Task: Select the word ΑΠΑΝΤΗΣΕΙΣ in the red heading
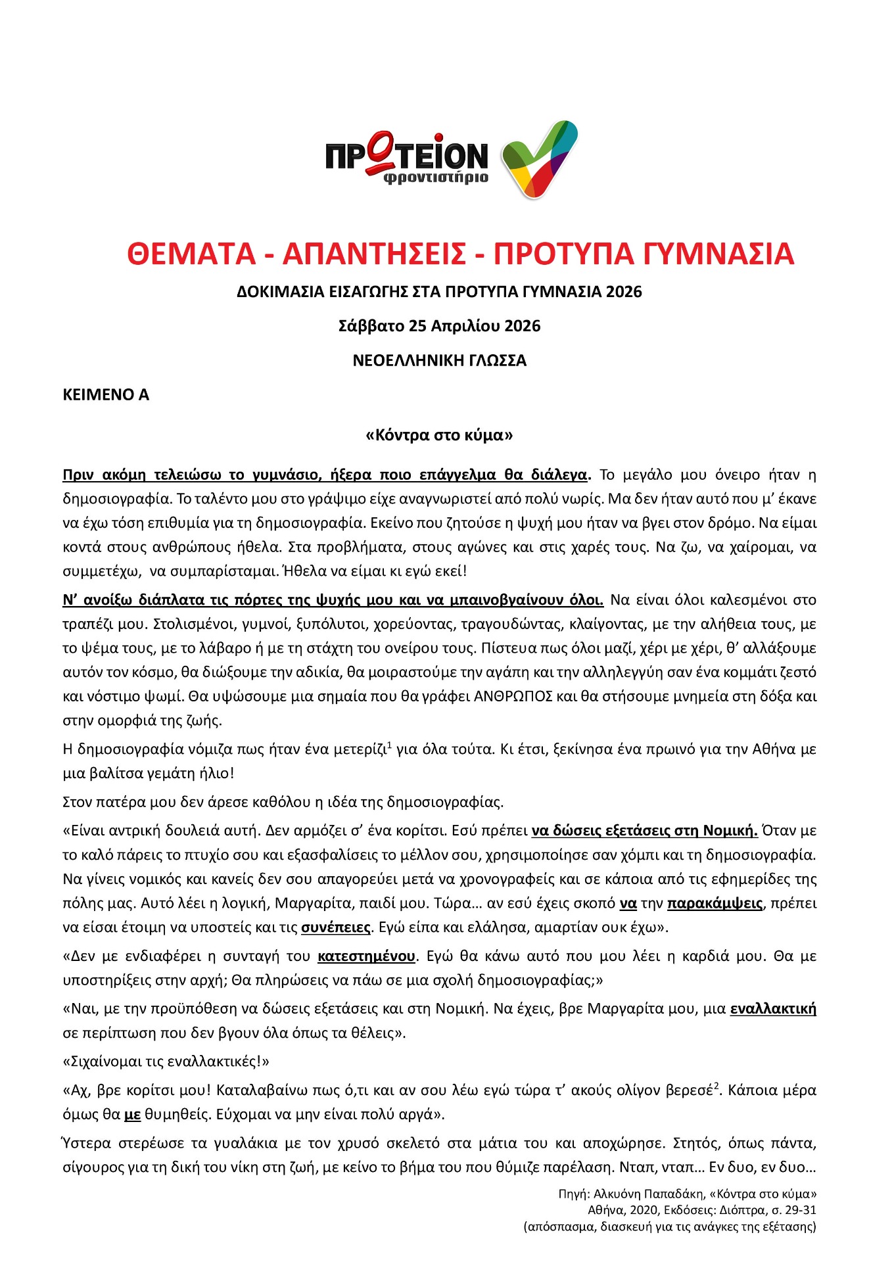[374, 254]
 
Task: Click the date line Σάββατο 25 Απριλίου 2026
[439, 326]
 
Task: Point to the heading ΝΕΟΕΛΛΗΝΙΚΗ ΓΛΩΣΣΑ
[439, 361]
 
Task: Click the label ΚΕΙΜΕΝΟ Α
[106, 395]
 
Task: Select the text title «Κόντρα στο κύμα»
[439, 435]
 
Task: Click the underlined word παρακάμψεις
[715, 903]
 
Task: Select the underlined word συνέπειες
[336, 927]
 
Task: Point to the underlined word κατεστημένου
[366, 956]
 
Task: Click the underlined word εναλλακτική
[773, 1009]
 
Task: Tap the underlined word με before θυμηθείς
[133, 1115]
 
